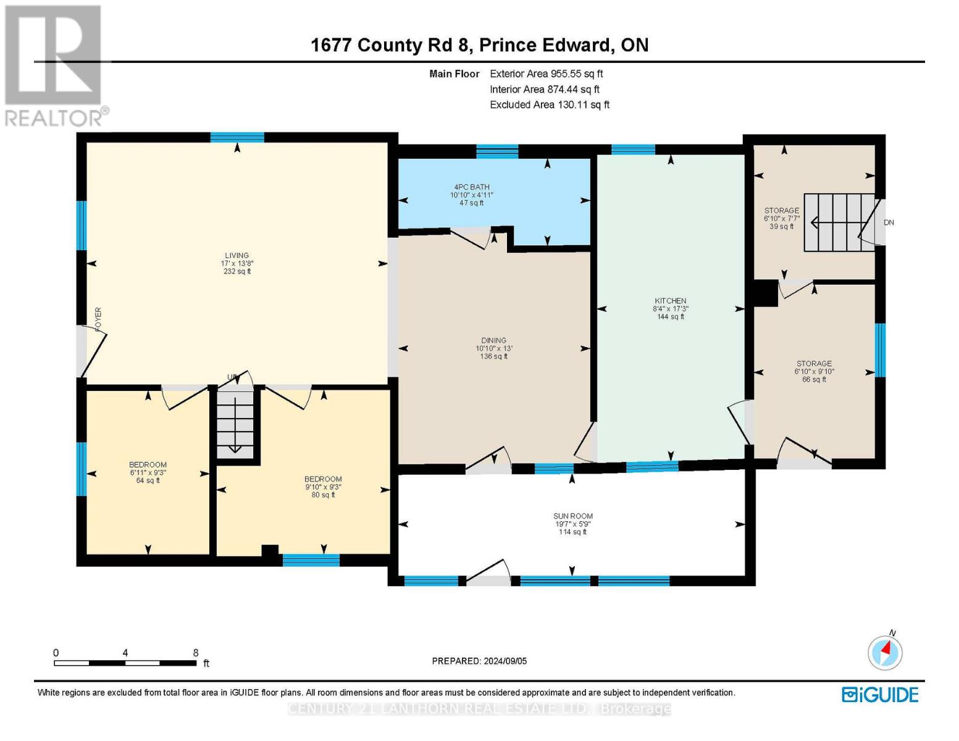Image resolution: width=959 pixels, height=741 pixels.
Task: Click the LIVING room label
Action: [x=237, y=256]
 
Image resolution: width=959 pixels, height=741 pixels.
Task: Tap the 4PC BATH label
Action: [x=471, y=188]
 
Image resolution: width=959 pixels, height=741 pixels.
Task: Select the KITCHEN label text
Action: [x=670, y=301]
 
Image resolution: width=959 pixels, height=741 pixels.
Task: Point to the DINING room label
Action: [x=493, y=341]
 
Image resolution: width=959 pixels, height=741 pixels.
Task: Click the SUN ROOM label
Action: [x=572, y=516]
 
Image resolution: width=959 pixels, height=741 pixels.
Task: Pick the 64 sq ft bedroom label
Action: [x=148, y=472]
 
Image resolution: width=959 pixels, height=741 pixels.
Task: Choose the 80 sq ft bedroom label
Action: [x=323, y=487]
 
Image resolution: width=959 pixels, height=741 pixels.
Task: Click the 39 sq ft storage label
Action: [x=781, y=219]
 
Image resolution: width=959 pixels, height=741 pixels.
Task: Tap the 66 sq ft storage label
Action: [x=814, y=371]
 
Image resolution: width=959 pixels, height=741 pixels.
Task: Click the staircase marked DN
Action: [x=839, y=222]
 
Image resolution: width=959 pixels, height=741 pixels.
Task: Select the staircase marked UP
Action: [x=235, y=423]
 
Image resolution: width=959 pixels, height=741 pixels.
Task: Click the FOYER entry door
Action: [x=90, y=351]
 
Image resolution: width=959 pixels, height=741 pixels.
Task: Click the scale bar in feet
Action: [x=125, y=663]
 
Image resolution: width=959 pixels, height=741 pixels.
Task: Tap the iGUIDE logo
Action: [x=880, y=695]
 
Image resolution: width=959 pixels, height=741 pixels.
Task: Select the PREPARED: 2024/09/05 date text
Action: [x=479, y=661]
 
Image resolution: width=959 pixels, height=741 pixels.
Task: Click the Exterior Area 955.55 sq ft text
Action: [x=546, y=73]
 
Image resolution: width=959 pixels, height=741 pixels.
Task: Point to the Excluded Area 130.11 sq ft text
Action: [x=549, y=105]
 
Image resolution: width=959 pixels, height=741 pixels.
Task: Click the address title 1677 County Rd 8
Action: [x=479, y=45]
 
